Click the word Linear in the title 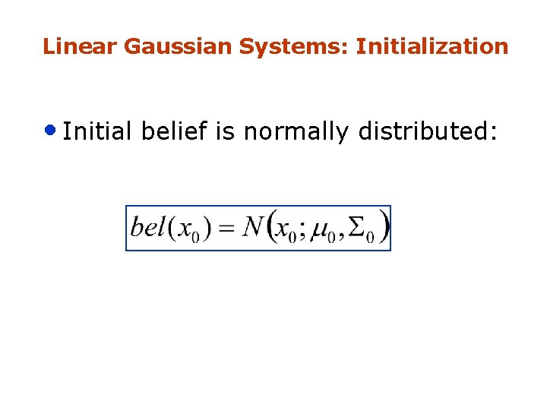pyautogui.click(x=80, y=47)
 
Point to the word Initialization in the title pyautogui.click(x=432, y=47)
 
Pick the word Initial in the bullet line pyautogui.click(x=98, y=132)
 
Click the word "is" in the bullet pyautogui.click(x=226, y=132)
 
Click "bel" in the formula pyautogui.click(x=147, y=227)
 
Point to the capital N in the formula pyautogui.click(x=252, y=226)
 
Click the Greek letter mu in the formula pyautogui.click(x=323, y=229)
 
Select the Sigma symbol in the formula pyautogui.click(x=356, y=227)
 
